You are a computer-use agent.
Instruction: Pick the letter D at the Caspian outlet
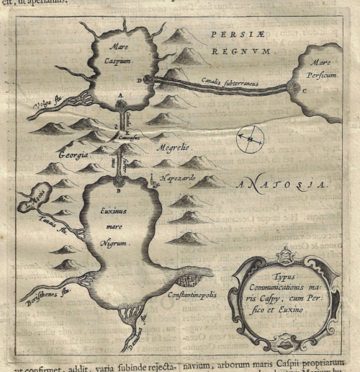click(x=141, y=79)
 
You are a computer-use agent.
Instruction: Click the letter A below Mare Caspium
click(x=120, y=96)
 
